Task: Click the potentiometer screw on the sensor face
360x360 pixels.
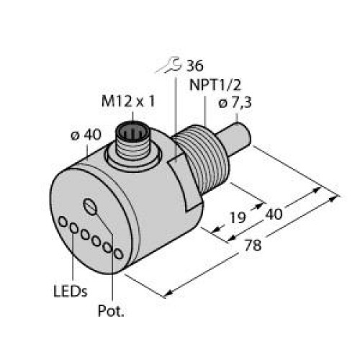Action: coord(90,206)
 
